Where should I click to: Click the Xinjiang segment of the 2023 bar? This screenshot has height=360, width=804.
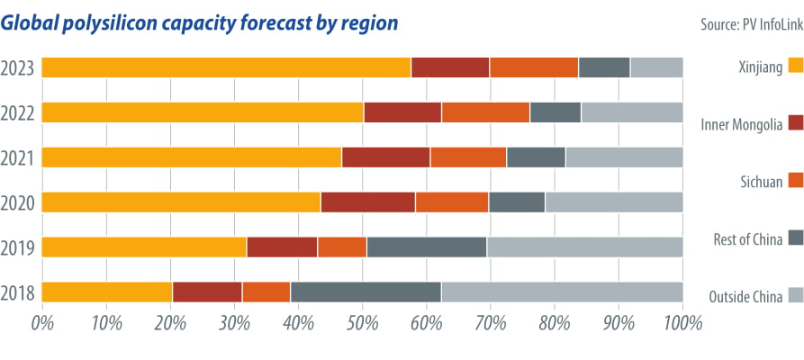pyautogui.click(x=226, y=67)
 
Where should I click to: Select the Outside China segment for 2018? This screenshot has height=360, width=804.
pyautogui.click(x=562, y=292)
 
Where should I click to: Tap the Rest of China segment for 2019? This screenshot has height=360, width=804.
pyautogui.click(x=427, y=247)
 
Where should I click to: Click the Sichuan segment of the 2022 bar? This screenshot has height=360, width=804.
pyautogui.click(x=485, y=112)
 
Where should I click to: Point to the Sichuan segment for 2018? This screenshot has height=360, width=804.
pyautogui.click(x=266, y=292)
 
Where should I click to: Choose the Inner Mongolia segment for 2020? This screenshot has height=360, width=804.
pyautogui.click(x=367, y=202)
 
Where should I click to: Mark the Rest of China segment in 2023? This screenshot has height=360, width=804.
pyautogui.click(x=604, y=67)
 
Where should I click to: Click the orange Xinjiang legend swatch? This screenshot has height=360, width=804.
pyautogui.click(x=795, y=65)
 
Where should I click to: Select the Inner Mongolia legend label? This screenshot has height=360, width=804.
pyautogui.click(x=741, y=123)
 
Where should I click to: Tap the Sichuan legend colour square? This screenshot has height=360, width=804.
pyautogui.click(x=795, y=181)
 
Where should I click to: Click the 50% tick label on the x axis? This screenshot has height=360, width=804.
pyautogui.click(x=362, y=322)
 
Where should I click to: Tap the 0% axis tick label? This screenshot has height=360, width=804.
pyautogui.click(x=42, y=322)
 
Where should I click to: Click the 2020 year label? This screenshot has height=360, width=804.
pyautogui.click(x=18, y=202)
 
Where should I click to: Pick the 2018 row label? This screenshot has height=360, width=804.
pyautogui.click(x=18, y=292)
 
